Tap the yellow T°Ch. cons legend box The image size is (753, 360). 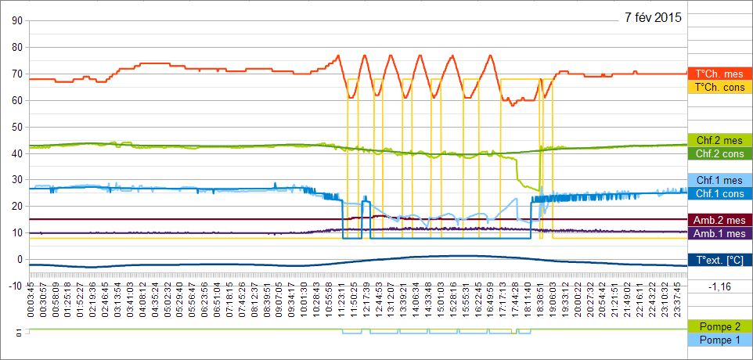point(719,87)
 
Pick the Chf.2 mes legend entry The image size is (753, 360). point(719,140)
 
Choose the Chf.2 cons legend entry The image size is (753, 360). point(719,153)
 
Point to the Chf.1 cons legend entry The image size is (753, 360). point(719,193)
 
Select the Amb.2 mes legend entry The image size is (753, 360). point(719,220)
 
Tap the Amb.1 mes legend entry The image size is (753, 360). point(719,233)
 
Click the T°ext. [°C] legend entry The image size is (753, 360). point(719,260)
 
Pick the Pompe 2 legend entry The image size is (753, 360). point(719,326)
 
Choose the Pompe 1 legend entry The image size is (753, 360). point(719,340)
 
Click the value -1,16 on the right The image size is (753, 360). point(719,288)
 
